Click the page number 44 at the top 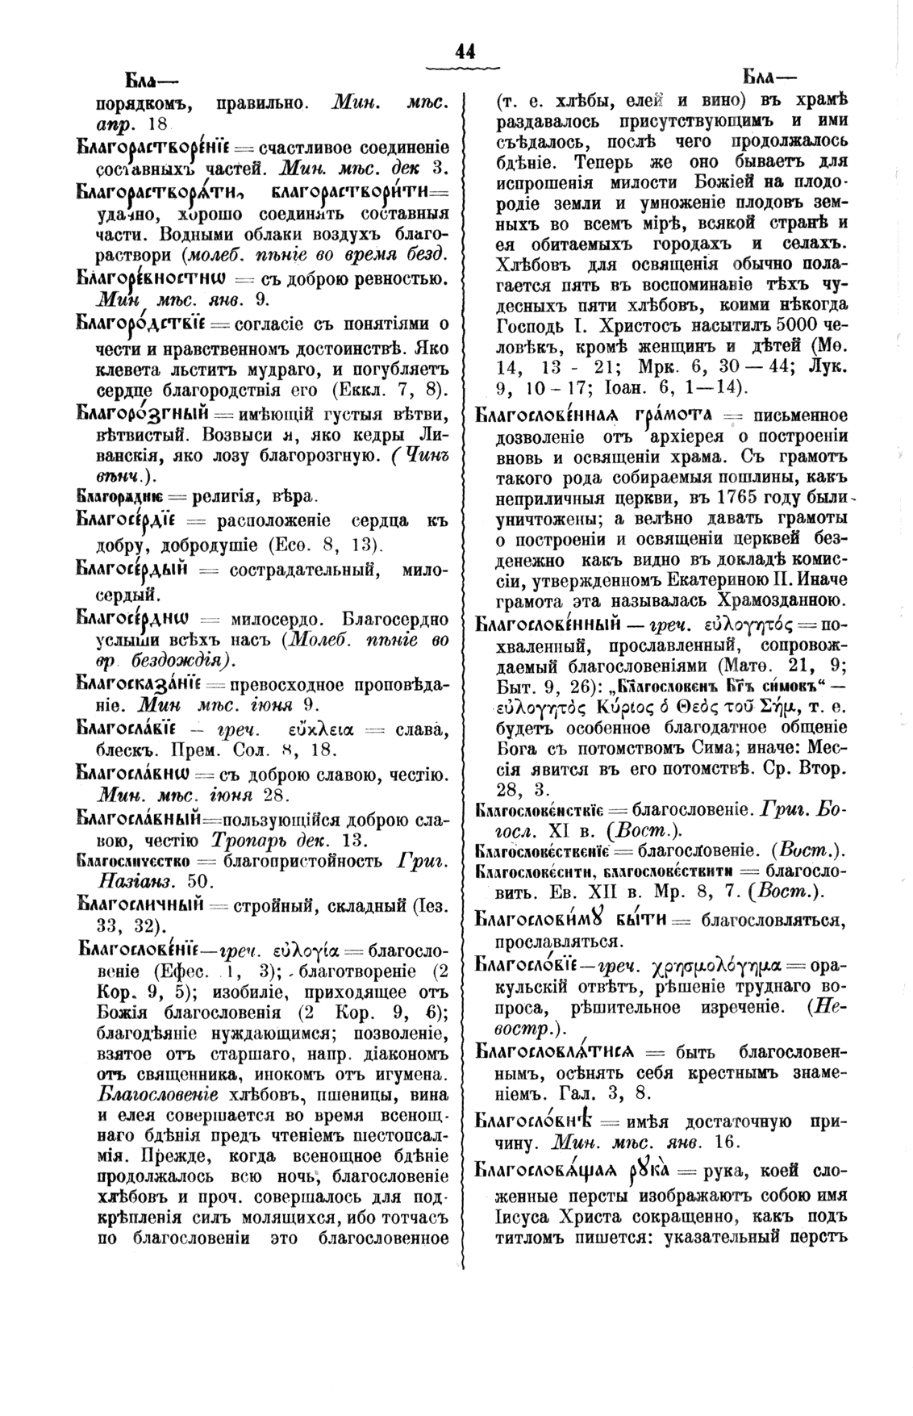(x=465, y=51)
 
